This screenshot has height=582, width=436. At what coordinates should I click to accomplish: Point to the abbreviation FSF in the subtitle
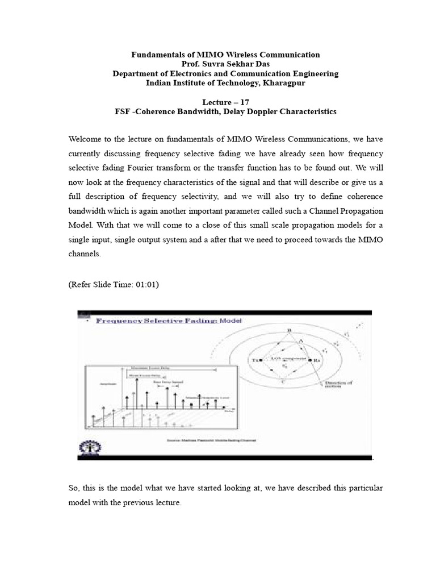click(123, 111)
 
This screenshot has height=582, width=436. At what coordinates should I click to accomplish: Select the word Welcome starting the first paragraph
click(86, 139)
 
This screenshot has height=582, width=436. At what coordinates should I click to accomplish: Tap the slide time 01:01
click(145, 285)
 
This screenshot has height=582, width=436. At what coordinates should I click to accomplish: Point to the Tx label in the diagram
click(257, 360)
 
